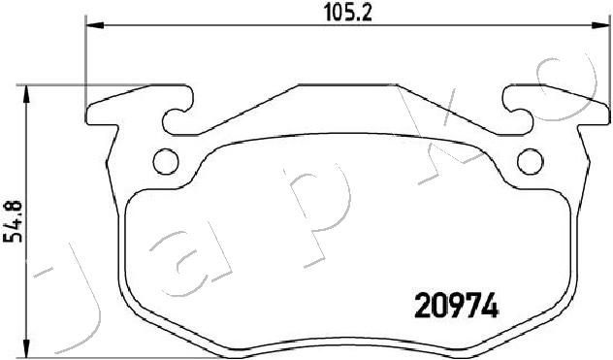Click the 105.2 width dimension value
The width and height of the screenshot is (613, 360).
click(347, 14)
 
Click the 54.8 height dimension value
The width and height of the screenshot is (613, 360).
click(13, 221)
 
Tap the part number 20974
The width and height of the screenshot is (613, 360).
click(456, 306)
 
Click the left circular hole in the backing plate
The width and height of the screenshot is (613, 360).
click(166, 161)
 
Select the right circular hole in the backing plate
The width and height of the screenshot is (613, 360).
click(531, 161)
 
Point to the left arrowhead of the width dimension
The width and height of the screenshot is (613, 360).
click(94, 26)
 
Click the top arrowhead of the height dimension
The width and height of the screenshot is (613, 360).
click(26, 94)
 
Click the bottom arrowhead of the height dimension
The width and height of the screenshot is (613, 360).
click(26, 347)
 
